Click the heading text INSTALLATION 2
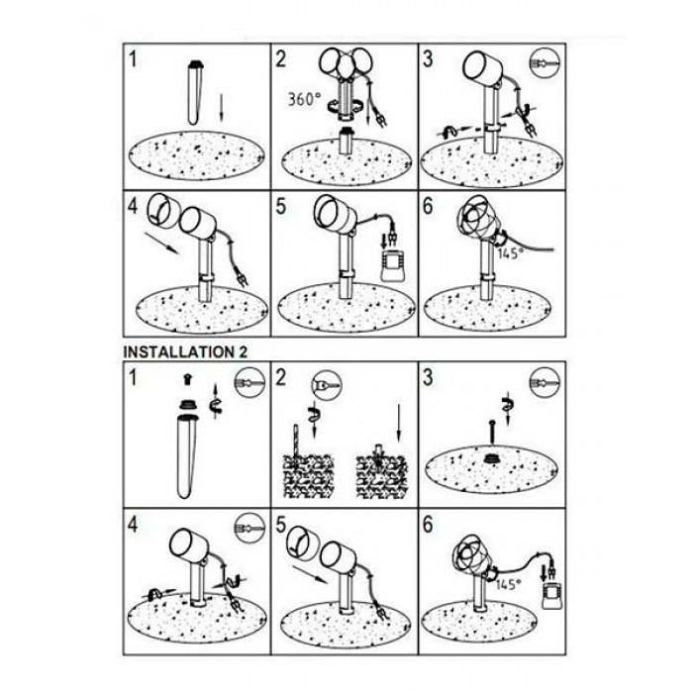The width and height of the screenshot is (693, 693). pyautogui.click(x=186, y=352)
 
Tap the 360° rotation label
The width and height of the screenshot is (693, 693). pyautogui.click(x=304, y=99)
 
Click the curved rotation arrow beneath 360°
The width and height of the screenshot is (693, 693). pyautogui.click(x=347, y=107)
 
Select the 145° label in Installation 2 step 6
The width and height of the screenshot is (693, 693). pyautogui.click(x=508, y=584)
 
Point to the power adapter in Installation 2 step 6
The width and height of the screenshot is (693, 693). pyautogui.click(x=552, y=596)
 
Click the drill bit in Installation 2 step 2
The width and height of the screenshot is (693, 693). pyautogui.click(x=296, y=442)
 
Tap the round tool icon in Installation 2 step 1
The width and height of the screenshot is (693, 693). pyautogui.click(x=249, y=382)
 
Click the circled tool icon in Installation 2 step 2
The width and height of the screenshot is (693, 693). pyautogui.click(x=327, y=385)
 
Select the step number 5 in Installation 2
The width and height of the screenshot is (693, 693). pyautogui.click(x=281, y=525)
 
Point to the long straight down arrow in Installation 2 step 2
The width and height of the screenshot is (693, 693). pyautogui.click(x=399, y=423)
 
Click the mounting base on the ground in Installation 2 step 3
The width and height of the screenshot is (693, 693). pyautogui.click(x=491, y=458)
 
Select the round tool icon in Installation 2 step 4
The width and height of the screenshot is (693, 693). pyautogui.click(x=249, y=528)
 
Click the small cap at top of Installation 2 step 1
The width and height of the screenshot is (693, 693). pyautogui.click(x=187, y=378)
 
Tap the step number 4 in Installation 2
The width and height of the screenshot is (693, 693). pyautogui.click(x=132, y=525)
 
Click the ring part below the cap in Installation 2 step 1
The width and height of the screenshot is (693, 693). pyautogui.click(x=188, y=404)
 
